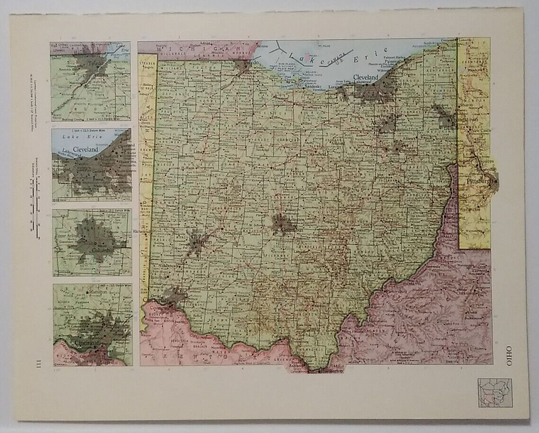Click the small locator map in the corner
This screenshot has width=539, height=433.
point(494,392)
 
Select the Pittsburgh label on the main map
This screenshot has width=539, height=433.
point(480,181)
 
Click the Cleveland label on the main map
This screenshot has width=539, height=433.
point(365,77)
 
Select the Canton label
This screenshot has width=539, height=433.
point(407,150)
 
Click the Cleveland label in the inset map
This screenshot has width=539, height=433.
point(85,149)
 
